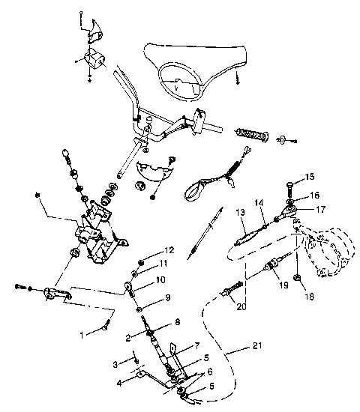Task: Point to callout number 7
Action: (197, 346)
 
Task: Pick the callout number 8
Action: (177, 322)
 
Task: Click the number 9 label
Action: (168, 297)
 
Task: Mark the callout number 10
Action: (159, 279)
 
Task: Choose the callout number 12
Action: (169, 249)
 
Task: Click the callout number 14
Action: (259, 202)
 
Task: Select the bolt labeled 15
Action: (291, 184)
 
